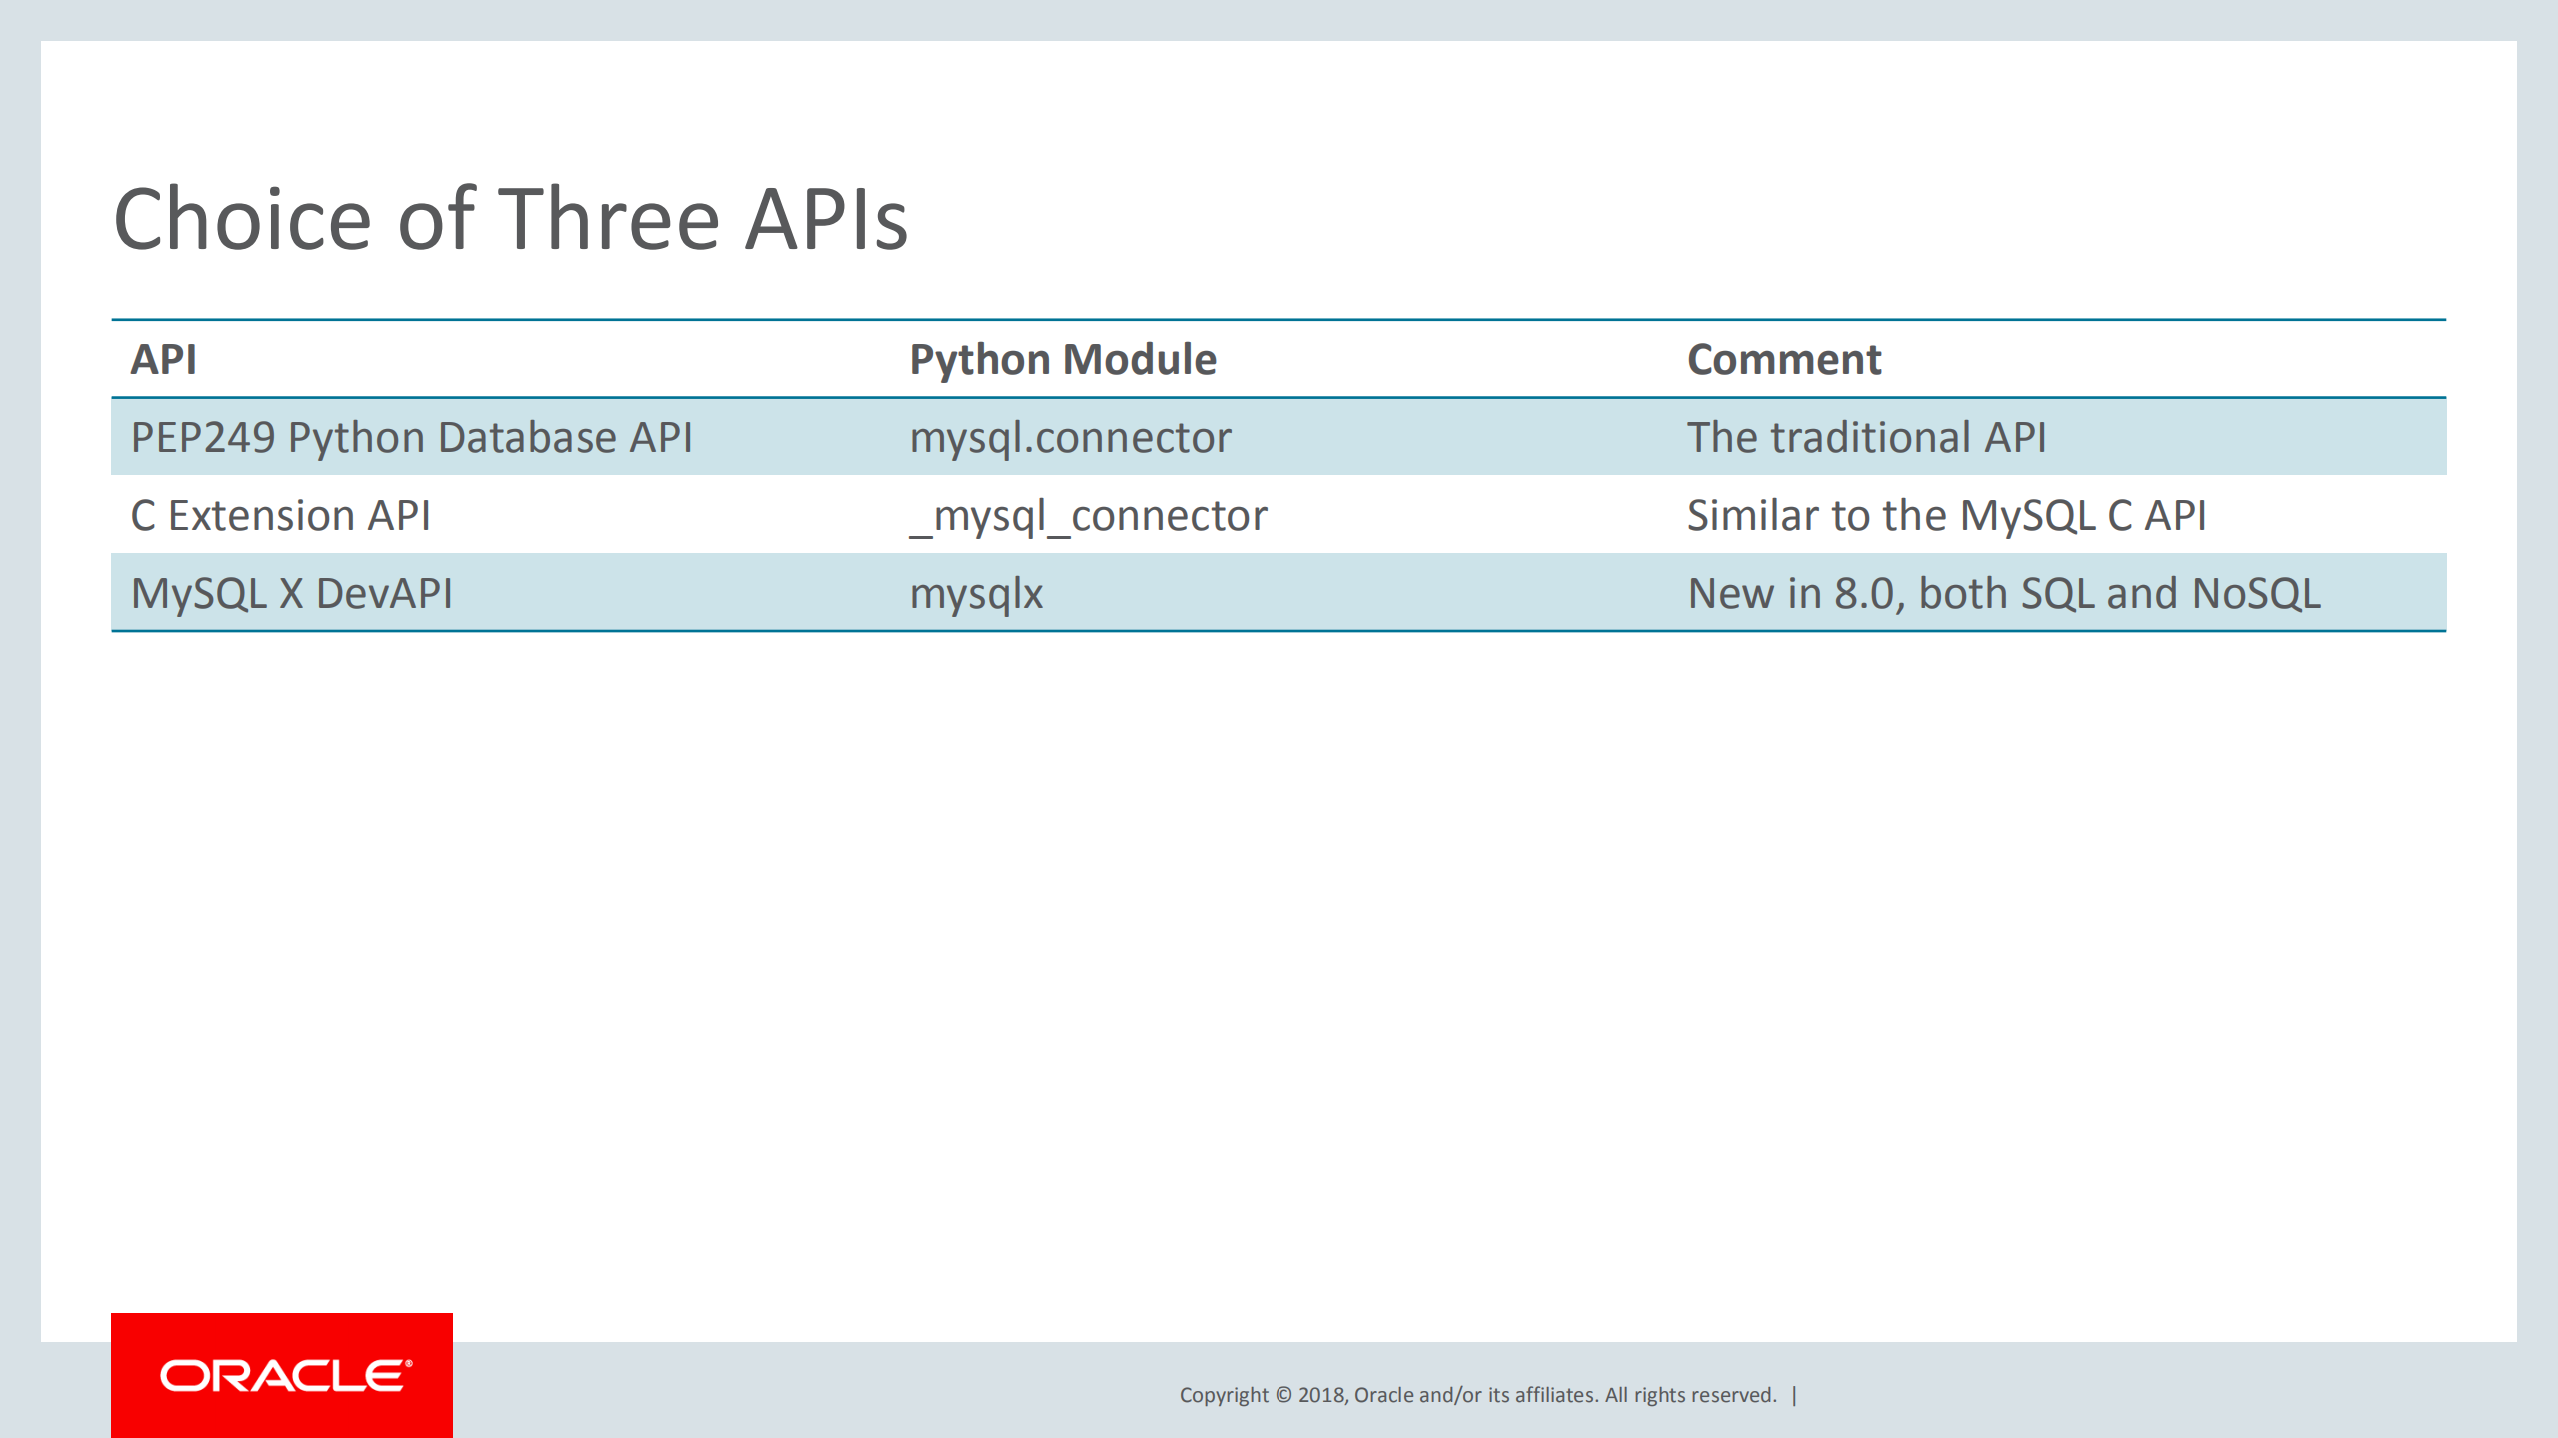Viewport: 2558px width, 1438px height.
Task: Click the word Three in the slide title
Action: [x=609, y=220]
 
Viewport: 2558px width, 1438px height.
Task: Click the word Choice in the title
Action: [x=243, y=220]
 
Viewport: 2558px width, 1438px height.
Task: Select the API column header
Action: [x=164, y=360]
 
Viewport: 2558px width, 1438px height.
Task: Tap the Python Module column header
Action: [x=1062, y=360]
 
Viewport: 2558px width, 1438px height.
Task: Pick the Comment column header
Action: [x=1783, y=360]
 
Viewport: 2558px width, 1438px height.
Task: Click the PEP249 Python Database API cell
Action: [x=411, y=438]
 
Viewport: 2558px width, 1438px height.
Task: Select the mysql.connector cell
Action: [x=1070, y=438]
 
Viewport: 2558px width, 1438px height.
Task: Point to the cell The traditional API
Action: [x=1866, y=438]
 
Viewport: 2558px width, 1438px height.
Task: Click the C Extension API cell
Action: [x=281, y=516]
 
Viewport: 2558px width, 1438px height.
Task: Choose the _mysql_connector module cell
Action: [x=1088, y=516]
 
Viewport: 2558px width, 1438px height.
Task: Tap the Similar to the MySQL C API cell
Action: [x=1946, y=516]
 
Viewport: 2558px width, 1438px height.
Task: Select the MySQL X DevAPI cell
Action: [x=292, y=594]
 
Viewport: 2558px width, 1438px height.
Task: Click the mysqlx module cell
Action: [x=976, y=594]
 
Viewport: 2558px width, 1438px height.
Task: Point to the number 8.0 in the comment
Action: [x=1866, y=594]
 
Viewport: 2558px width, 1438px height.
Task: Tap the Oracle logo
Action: [x=283, y=1376]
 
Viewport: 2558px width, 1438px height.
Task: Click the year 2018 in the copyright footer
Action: [x=1321, y=1395]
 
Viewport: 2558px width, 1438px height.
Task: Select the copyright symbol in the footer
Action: [x=1283, y=1395]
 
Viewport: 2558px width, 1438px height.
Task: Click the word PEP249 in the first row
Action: [x=203, y=438]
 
